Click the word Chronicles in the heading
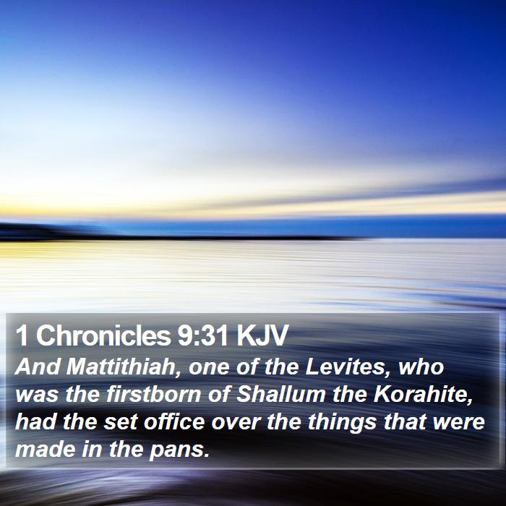103,335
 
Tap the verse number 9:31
203,335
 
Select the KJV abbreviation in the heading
262,335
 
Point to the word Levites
348,367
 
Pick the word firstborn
153,395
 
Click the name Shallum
280,395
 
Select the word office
174,421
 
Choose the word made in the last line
45,449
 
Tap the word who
421,367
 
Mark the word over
236,422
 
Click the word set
121,422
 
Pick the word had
35,421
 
